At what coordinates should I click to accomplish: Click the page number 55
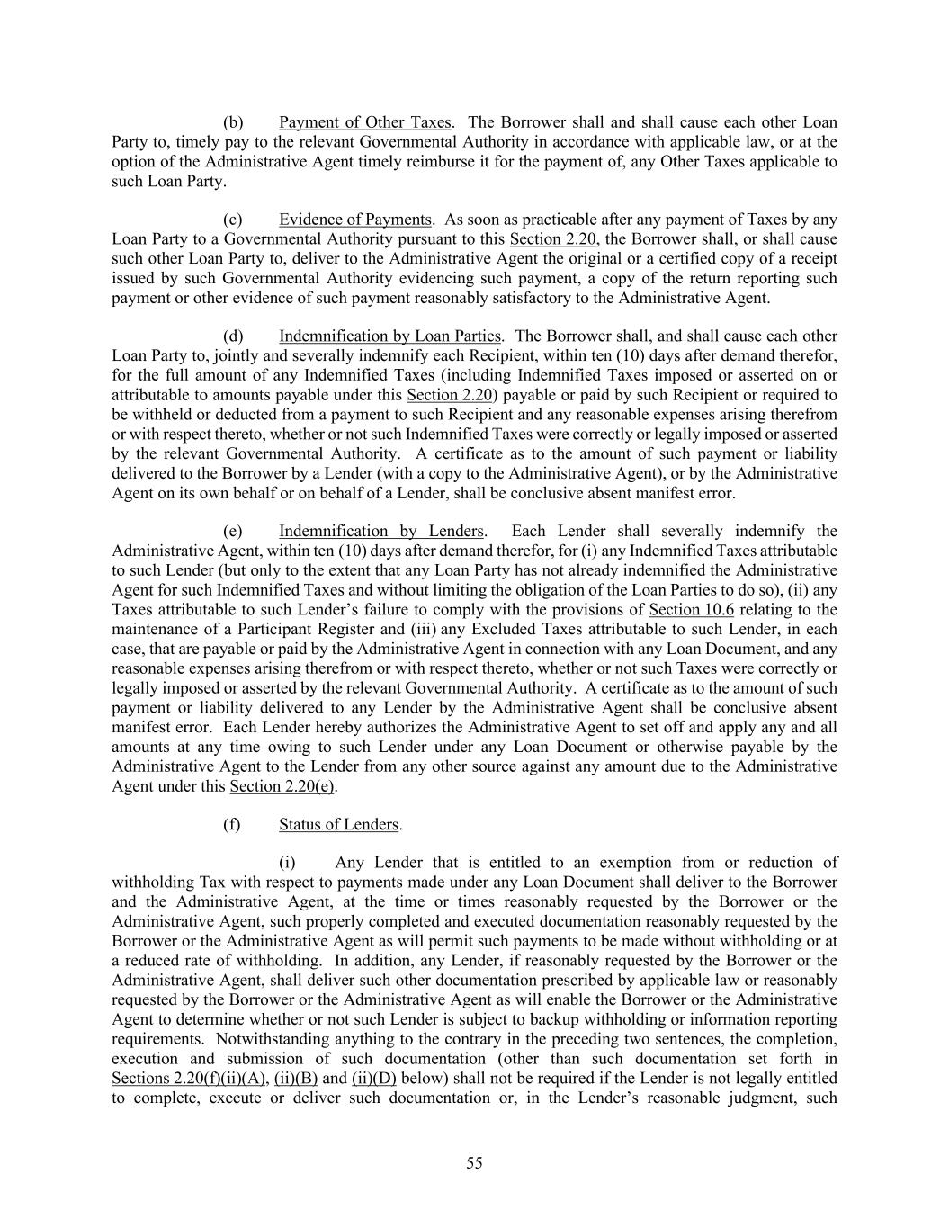(x=474, y=1163)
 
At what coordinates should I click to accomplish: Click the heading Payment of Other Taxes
(x=364, y=122)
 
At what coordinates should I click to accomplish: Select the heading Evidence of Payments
(x=355, y=220)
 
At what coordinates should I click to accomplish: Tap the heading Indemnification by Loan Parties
(x=389, y=336)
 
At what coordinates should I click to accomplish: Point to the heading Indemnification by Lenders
(x=381, y=531)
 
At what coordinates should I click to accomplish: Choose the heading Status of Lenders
(x=338, y=824)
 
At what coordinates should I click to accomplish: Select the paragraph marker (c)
(x=232, y=220)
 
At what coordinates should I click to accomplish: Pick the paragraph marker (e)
(x=232, y=531)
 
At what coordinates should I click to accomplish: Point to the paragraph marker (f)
(x=231, y=824)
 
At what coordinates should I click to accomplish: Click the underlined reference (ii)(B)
(x=296, y=1079)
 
